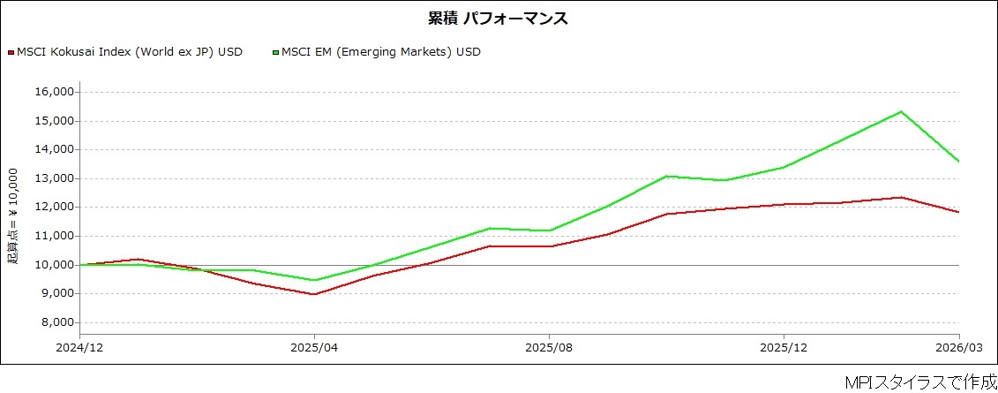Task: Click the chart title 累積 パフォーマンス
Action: [x=499, y=19]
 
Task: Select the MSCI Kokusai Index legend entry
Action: [x=125, y=52]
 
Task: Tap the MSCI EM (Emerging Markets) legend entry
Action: [x=376, y=52]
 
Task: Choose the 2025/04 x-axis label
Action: [x=314, y=349]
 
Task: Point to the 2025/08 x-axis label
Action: [x=549, y=349]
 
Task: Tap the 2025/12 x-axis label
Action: [x=784, y=349]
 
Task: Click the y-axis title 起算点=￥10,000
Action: [x=13, y=216]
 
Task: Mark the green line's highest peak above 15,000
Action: [x=901, y=111]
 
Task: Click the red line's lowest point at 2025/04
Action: [x=314, y=294]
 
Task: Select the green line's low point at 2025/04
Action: [x=314, y=280]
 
